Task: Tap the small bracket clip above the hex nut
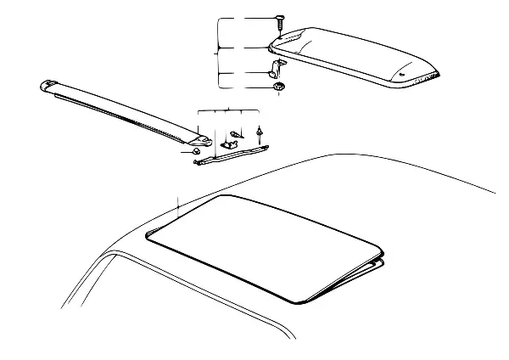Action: [277, 65]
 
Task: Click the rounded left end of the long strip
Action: [49, 85]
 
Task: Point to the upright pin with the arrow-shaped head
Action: [260, 131]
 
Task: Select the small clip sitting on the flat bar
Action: [227, 144]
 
